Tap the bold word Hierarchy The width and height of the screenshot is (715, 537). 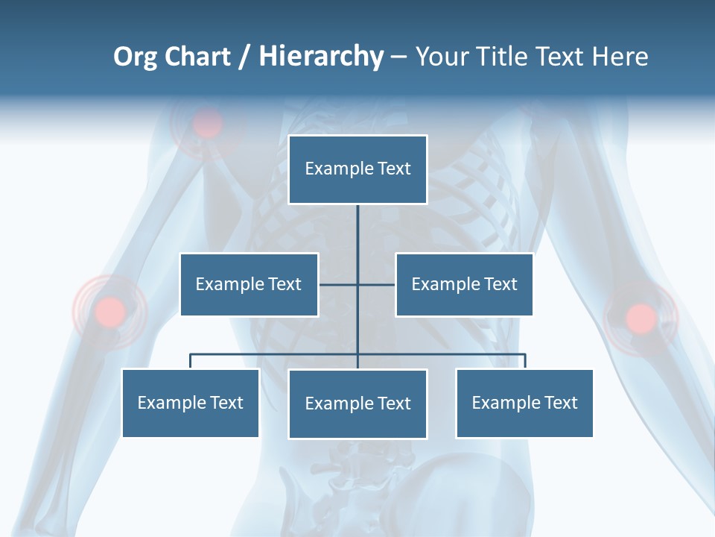point(321,57)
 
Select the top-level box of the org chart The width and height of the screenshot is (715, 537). point(357,169)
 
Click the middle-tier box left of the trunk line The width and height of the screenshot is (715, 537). point(249,284)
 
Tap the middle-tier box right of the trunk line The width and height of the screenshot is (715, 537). point(464,284)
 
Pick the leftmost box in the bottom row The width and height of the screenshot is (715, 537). point(191,403)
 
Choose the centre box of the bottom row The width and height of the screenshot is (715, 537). point(357,403)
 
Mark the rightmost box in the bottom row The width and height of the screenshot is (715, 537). point(524,403)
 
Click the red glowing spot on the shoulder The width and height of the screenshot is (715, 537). point(208,123)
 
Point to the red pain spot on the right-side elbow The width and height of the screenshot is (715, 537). point(640,318)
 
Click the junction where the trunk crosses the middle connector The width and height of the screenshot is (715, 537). point(357,284)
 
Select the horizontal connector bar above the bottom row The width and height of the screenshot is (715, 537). point(276,354)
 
